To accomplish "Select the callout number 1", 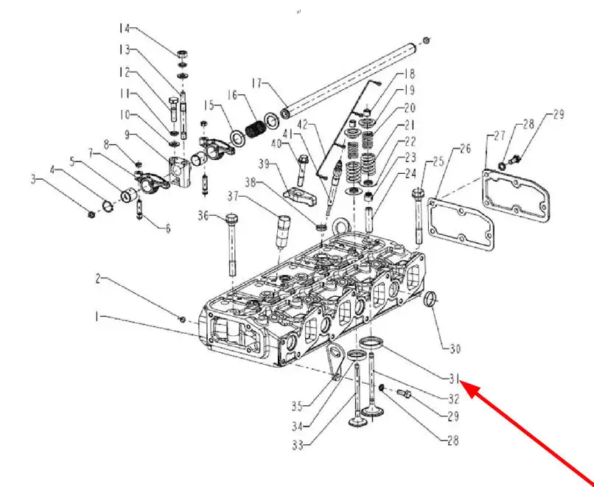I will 97,317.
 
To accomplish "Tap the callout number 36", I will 203,215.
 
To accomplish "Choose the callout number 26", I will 464,150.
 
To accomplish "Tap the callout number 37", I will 234,196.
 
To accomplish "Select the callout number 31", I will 455,379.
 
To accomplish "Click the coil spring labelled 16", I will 254,128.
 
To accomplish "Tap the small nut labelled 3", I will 91,214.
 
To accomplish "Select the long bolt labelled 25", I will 419,214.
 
